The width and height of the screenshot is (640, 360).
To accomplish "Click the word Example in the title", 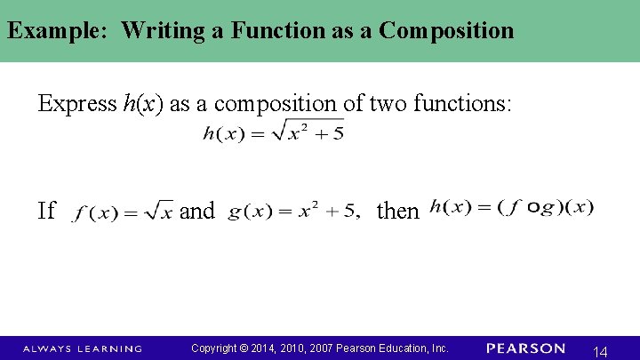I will [56, 30].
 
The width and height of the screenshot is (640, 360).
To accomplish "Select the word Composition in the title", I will [446, 30].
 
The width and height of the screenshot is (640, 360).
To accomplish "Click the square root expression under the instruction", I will [272, 133].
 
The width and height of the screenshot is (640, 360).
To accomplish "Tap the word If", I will [47, 211].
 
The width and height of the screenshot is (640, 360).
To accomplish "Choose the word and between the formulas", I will [197, 211].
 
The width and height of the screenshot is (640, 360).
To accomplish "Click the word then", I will [397, 211].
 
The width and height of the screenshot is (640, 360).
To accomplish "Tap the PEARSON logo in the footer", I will [525, 348].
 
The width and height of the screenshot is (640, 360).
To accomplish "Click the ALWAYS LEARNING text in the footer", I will [82, 348].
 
